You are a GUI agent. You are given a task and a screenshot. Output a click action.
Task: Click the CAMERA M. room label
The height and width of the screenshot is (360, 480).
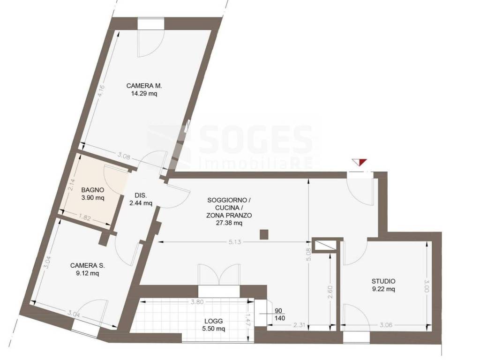pos(144,86)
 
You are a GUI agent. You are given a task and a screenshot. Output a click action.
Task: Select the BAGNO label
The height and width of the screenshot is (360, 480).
pos(93,190)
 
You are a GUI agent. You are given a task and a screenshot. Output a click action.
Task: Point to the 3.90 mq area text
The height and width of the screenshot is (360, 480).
pos(93,198)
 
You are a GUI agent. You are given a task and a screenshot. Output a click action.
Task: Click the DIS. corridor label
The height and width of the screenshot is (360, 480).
pos(141,195)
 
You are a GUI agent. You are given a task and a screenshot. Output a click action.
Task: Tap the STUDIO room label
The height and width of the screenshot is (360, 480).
pos(383,281)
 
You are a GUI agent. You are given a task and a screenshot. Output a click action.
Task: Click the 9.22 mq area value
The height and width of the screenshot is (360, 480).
pos(383,289)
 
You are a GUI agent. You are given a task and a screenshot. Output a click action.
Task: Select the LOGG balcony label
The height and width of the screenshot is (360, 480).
pos(214,321)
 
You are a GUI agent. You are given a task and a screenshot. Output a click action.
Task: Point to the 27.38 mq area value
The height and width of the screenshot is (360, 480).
pos(229,223)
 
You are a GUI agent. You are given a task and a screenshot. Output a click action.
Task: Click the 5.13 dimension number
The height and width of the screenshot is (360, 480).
pos(235,242)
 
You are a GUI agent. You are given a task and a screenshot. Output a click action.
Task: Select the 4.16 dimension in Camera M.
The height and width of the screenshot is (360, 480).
pos(102,91)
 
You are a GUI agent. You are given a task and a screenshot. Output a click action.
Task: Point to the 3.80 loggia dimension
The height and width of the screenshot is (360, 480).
pos(197,302)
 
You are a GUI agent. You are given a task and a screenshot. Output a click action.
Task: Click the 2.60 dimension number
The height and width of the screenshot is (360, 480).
pos(330,292)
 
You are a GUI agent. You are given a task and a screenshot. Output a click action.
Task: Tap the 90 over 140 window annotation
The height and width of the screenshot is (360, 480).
pos(280,315)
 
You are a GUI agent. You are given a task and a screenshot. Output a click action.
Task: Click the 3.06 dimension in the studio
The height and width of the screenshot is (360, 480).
pos(386,325)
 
